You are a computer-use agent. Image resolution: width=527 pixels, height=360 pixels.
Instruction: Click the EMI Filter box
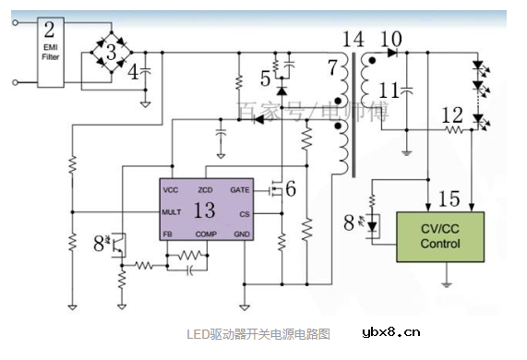tap(50, 51)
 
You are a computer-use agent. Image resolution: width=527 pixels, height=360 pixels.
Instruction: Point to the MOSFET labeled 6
tap(274, 191)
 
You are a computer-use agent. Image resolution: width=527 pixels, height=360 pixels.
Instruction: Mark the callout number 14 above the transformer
tap(353, 39)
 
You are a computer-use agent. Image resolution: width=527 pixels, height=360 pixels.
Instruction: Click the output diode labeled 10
tap(392, 54)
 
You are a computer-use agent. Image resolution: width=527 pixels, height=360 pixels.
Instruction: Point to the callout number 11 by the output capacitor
tap(389, 92)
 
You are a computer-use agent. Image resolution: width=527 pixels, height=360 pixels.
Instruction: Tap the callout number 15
tap(449, 198)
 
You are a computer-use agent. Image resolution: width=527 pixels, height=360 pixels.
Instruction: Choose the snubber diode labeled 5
tap(281, 92)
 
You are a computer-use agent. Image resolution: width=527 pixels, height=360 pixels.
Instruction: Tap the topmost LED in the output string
tap(477, 67)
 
